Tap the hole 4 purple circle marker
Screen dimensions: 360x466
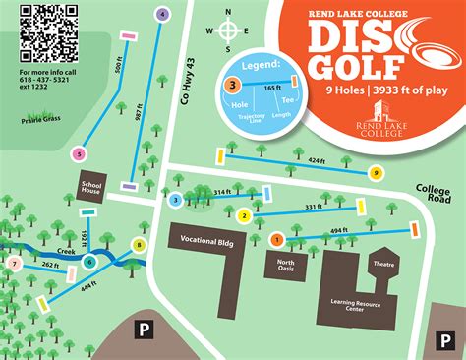[x=162, y=14]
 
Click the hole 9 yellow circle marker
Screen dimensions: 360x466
[x=376, y=173]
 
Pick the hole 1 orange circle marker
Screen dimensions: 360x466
[x=276, y=239]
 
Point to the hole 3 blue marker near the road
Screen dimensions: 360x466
[x=175, y=201]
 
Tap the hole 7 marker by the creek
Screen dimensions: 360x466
[x=14, y=264]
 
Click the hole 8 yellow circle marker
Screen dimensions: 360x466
[x=140, y=245]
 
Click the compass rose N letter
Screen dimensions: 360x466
[x=229, y=14]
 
